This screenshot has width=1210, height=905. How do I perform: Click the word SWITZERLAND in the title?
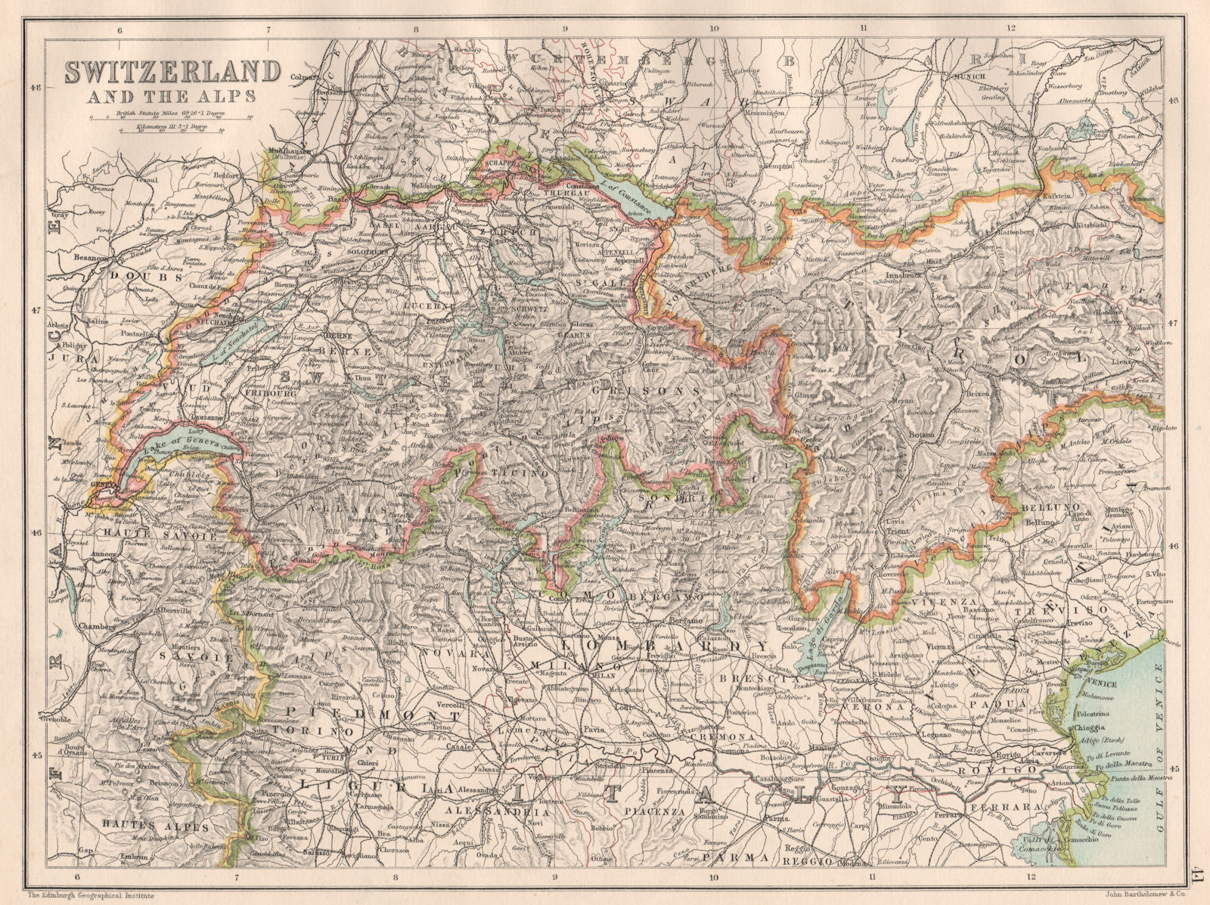[172, 72]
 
